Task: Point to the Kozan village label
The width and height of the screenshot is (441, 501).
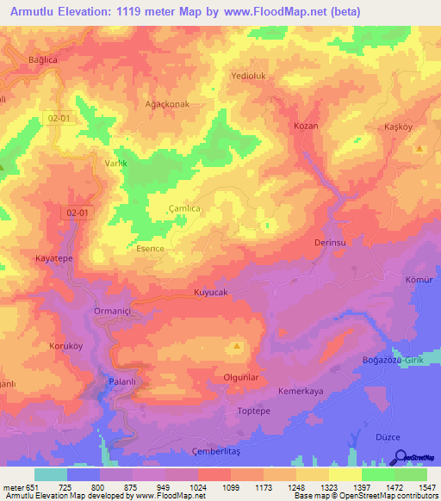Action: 306,126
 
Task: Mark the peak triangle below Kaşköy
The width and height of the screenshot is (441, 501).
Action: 419,149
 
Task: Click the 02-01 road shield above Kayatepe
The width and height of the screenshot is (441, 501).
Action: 78,212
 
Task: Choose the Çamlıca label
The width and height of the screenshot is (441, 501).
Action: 183,208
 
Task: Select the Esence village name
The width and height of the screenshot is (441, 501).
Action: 150,249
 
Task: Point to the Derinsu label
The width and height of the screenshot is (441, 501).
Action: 330,244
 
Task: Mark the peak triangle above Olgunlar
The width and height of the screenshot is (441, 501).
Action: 237,346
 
